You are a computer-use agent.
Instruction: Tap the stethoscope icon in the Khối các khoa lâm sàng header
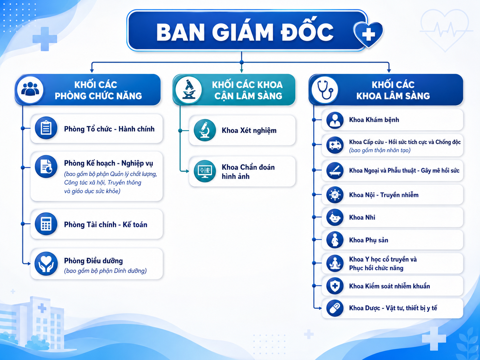pyautogui.click(x=325, y=90)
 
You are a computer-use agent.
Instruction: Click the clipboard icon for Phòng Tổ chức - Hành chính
pyautogui.click(x=46, y=128)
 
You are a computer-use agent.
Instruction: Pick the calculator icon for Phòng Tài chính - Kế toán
pyautogui.click(x=46, y=224)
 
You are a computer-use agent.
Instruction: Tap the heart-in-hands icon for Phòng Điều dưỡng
pyautogui.click(x=46, y=264)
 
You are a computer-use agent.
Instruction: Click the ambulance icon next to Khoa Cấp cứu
pyautogui.click(x=335, y=145)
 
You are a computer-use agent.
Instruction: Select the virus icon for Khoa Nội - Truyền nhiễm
pyautogui.click(x=335, y=195)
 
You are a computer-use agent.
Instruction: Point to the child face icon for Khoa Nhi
pyautogui.click(x=335, y=217)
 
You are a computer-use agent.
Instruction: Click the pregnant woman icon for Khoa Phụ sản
pyautogui.click(x=335, y=240)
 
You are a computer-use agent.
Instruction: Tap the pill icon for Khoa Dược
pyautogui.click(x=335, y=308)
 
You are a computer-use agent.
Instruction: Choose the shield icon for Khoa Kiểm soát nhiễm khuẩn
pyautogui.click(x=335, y=286)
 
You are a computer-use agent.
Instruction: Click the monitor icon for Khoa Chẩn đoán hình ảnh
pyautogui.click(x=205, y=171)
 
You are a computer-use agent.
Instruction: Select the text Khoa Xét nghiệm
pyautogui.click(x=249, y=131)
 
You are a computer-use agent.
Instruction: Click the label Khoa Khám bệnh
pyautogui.click(x=374, y=120)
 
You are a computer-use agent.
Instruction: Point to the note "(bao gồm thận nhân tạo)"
pyautogui.click(x=380, y=150)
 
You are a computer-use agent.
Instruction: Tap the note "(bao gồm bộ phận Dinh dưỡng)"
pyautogui.click(x=105, y=271)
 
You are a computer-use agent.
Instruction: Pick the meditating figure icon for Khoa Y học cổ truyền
pyautogui.click(x=335, y=263)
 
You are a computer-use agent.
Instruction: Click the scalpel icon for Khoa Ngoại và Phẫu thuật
pyautogui.click(x=335, y=170)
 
